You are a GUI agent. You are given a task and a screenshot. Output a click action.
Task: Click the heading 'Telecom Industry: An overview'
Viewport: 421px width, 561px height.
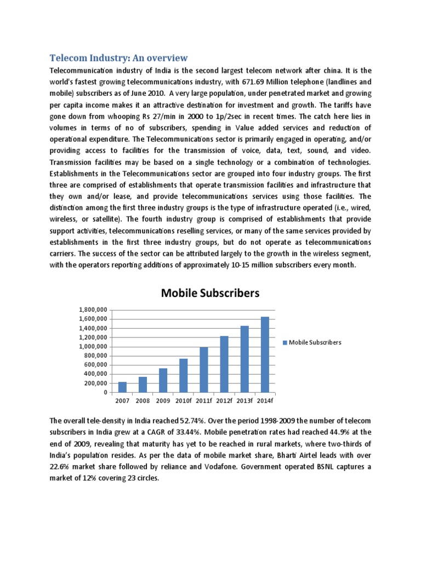coord(119,58)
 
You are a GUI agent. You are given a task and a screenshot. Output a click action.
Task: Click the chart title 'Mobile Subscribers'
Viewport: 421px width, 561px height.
coord(210,293)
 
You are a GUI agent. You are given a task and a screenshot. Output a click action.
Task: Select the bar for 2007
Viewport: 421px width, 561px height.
coord(122,387)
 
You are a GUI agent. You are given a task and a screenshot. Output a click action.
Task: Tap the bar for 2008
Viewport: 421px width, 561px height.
coord(143,385)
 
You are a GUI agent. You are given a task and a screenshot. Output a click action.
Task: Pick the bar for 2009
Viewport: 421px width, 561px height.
coord(163,380)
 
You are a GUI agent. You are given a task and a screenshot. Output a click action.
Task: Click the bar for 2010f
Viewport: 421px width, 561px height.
coord(184,375)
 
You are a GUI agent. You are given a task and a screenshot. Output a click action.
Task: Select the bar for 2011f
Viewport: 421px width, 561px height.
coord(204,370)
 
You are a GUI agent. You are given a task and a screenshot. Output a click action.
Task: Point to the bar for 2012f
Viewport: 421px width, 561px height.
coord(224,364)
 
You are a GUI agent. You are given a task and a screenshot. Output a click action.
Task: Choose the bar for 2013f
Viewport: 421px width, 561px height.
coord(244,359)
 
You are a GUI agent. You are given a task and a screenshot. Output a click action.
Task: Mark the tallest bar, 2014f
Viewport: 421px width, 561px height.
coord(265,354)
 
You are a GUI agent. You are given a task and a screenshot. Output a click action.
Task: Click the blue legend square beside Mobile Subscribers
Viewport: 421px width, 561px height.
coord(285,342)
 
